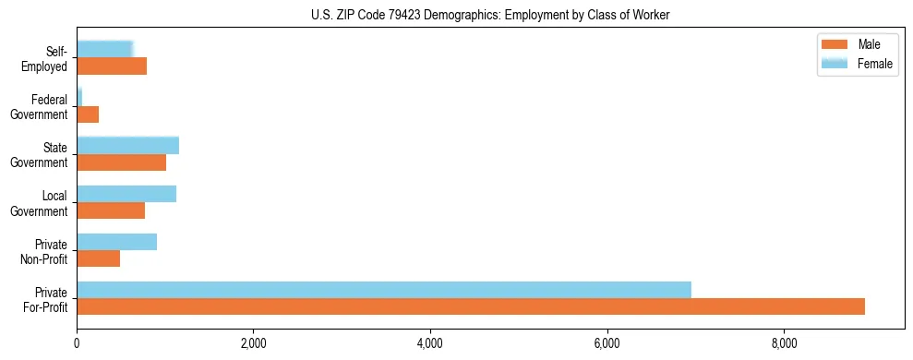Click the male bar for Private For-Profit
point(471,306)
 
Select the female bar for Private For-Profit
point(384,290)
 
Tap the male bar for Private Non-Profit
point(98,258)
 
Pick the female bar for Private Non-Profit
point(116,242)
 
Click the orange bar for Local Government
point(111,210)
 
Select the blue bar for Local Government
point(126,194)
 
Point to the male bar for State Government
point(121,162)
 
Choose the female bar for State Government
point(127,146)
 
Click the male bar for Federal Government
point(88,114)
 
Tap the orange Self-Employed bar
point(112,66)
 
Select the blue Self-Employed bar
point(104,49)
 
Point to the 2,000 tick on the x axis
point(253,343)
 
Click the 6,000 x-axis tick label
point(607,343)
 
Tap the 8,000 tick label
point(784,343)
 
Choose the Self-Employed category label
point(45,59)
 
